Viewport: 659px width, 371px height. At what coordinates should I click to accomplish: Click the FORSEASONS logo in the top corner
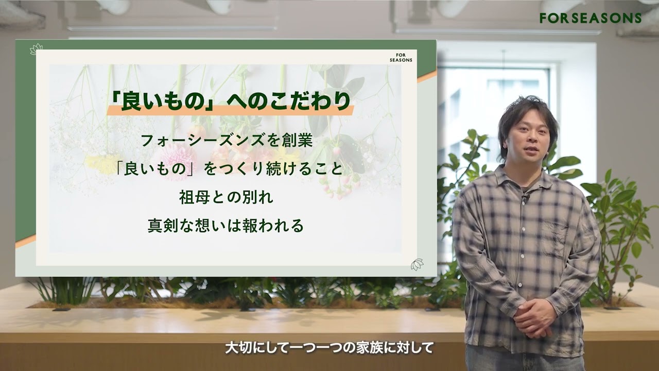point(591,18)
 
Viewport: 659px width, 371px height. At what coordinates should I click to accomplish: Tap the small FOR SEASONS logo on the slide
point(401,58)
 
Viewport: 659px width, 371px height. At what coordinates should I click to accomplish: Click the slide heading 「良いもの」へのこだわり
point(230,102)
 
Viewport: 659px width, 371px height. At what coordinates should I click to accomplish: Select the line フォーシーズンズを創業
point(227,141)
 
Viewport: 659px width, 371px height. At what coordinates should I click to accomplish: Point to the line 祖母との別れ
point(226,197)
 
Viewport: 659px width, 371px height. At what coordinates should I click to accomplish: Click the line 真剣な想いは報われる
point(226,226)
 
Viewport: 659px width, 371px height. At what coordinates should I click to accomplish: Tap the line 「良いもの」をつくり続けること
point(230,169)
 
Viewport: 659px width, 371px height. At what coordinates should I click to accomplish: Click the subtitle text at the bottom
point(329,348)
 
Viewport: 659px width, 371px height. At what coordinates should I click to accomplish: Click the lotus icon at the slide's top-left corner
point(37,49)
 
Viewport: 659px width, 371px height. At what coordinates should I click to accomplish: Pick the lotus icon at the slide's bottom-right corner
point(417,264)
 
